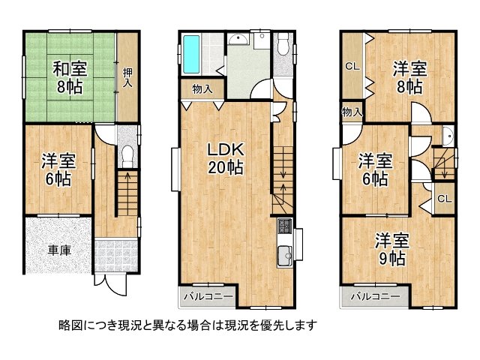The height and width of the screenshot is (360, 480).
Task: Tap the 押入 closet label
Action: pos(127,73)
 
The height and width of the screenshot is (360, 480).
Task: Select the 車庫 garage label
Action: pos(59,250)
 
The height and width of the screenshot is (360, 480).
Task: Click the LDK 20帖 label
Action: pos(224,157)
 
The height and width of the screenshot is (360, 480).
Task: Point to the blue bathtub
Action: pos(192,52)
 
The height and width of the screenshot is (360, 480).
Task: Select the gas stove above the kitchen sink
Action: pos(285,226)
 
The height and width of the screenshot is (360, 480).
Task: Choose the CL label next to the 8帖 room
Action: pos(352,66)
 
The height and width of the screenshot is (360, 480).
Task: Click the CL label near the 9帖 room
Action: pos(443,199)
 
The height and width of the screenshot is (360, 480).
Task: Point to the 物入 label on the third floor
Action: pos(352,112)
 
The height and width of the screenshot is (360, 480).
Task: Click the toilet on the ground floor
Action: pos(127,157)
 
